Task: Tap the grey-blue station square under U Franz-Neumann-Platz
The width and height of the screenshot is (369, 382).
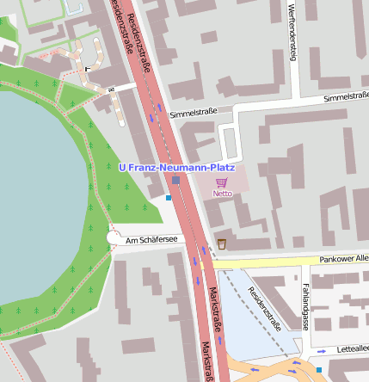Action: pos(176,181)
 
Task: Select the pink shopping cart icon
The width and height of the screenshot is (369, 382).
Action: pos(222,182)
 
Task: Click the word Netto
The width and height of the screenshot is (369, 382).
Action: pos(222,194)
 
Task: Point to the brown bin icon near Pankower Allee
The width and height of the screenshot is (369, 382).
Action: pos(222,243)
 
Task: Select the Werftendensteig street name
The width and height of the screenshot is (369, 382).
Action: pos(292,34)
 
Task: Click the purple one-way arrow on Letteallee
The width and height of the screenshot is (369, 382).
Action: pos(322,351)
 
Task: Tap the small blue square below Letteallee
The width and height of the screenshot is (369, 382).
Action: pos(319,370)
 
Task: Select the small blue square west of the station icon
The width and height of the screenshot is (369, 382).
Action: pos(169,198)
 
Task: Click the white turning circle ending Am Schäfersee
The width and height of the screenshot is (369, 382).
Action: pos(115,237)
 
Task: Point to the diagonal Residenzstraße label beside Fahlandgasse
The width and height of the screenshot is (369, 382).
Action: pos(263,308)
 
